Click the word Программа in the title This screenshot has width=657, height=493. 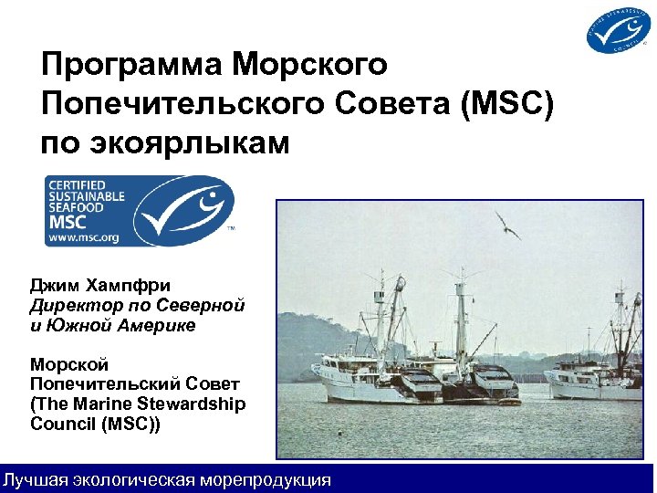[x=133, y=66]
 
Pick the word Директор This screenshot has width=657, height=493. [x=73, y=304]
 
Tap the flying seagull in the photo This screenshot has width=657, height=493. [x=507, y=225]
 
